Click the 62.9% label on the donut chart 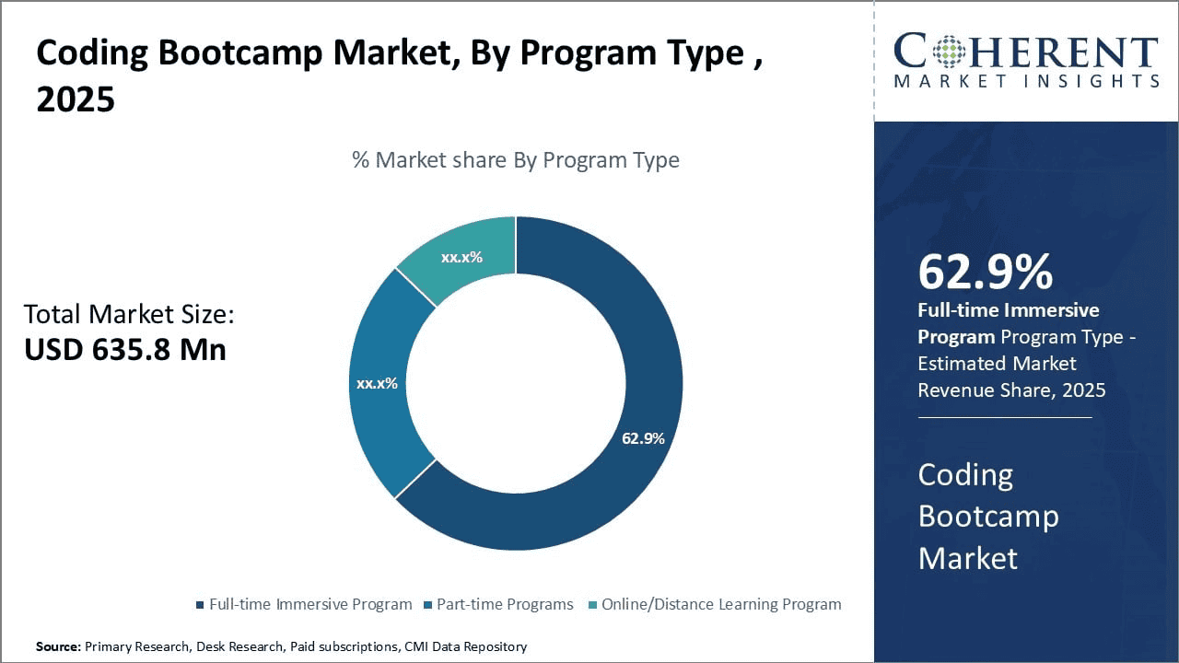pyautogui.click(x=643, y=438)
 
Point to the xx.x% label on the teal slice pyautogui.click(x=461, y=258)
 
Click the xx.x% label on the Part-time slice pyautogui.click(x=377, y=383)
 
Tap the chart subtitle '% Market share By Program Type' pyautogui.click(x=516, y=160)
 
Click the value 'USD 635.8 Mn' pyautogui.click(x=124, y=350)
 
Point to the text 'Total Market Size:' pyautogui.click(x=129, y=315)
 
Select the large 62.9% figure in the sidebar pyautogui.click(x=985, y=273)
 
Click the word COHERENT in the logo pyautogui.click(x=1025, y=52)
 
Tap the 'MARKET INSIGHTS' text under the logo pyautogui.click(x=1025, y=81)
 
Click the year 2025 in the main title pyautogui.click(x=76, y=99)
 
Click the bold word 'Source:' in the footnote pyautogui.click(x=58, y=646)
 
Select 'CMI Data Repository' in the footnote pyautogui.click(x=465, y=646)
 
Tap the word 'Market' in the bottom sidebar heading pyautogui.click(x=967, y=558)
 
